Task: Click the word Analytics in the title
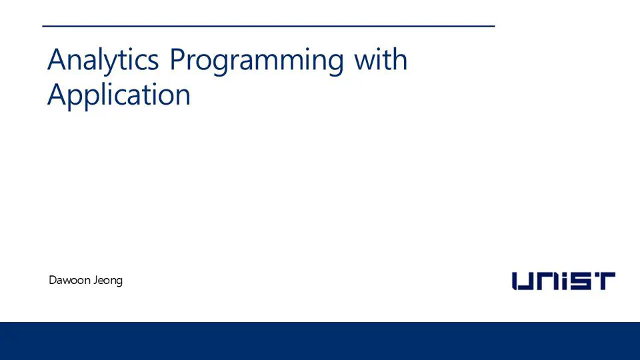coord(103,60)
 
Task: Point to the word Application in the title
coord(119,95)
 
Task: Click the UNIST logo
coord(563,281)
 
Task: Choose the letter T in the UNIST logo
coord(604,281)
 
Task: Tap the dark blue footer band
coord(320,341)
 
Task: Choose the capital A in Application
coord(57,95)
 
